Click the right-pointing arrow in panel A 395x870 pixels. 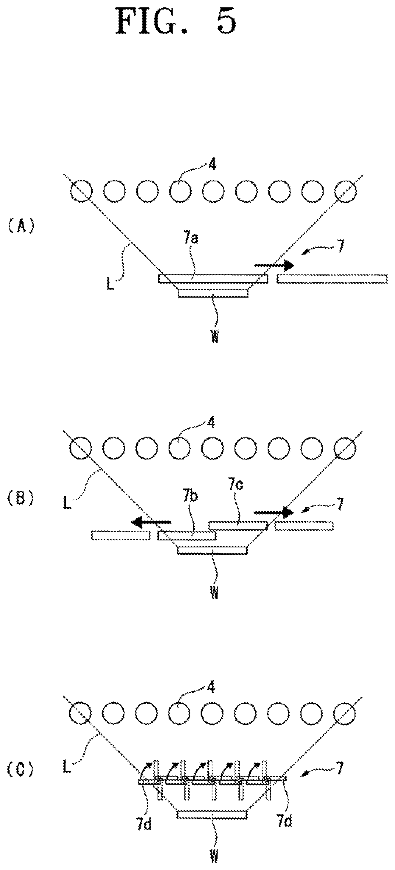click(274, 265)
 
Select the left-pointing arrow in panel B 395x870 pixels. click(152, 522)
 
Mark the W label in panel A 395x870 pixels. click(215, 336)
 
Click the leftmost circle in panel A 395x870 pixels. click(80, 191)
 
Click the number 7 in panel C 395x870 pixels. click(339, 767)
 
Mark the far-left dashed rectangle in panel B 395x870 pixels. click(121, 536)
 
